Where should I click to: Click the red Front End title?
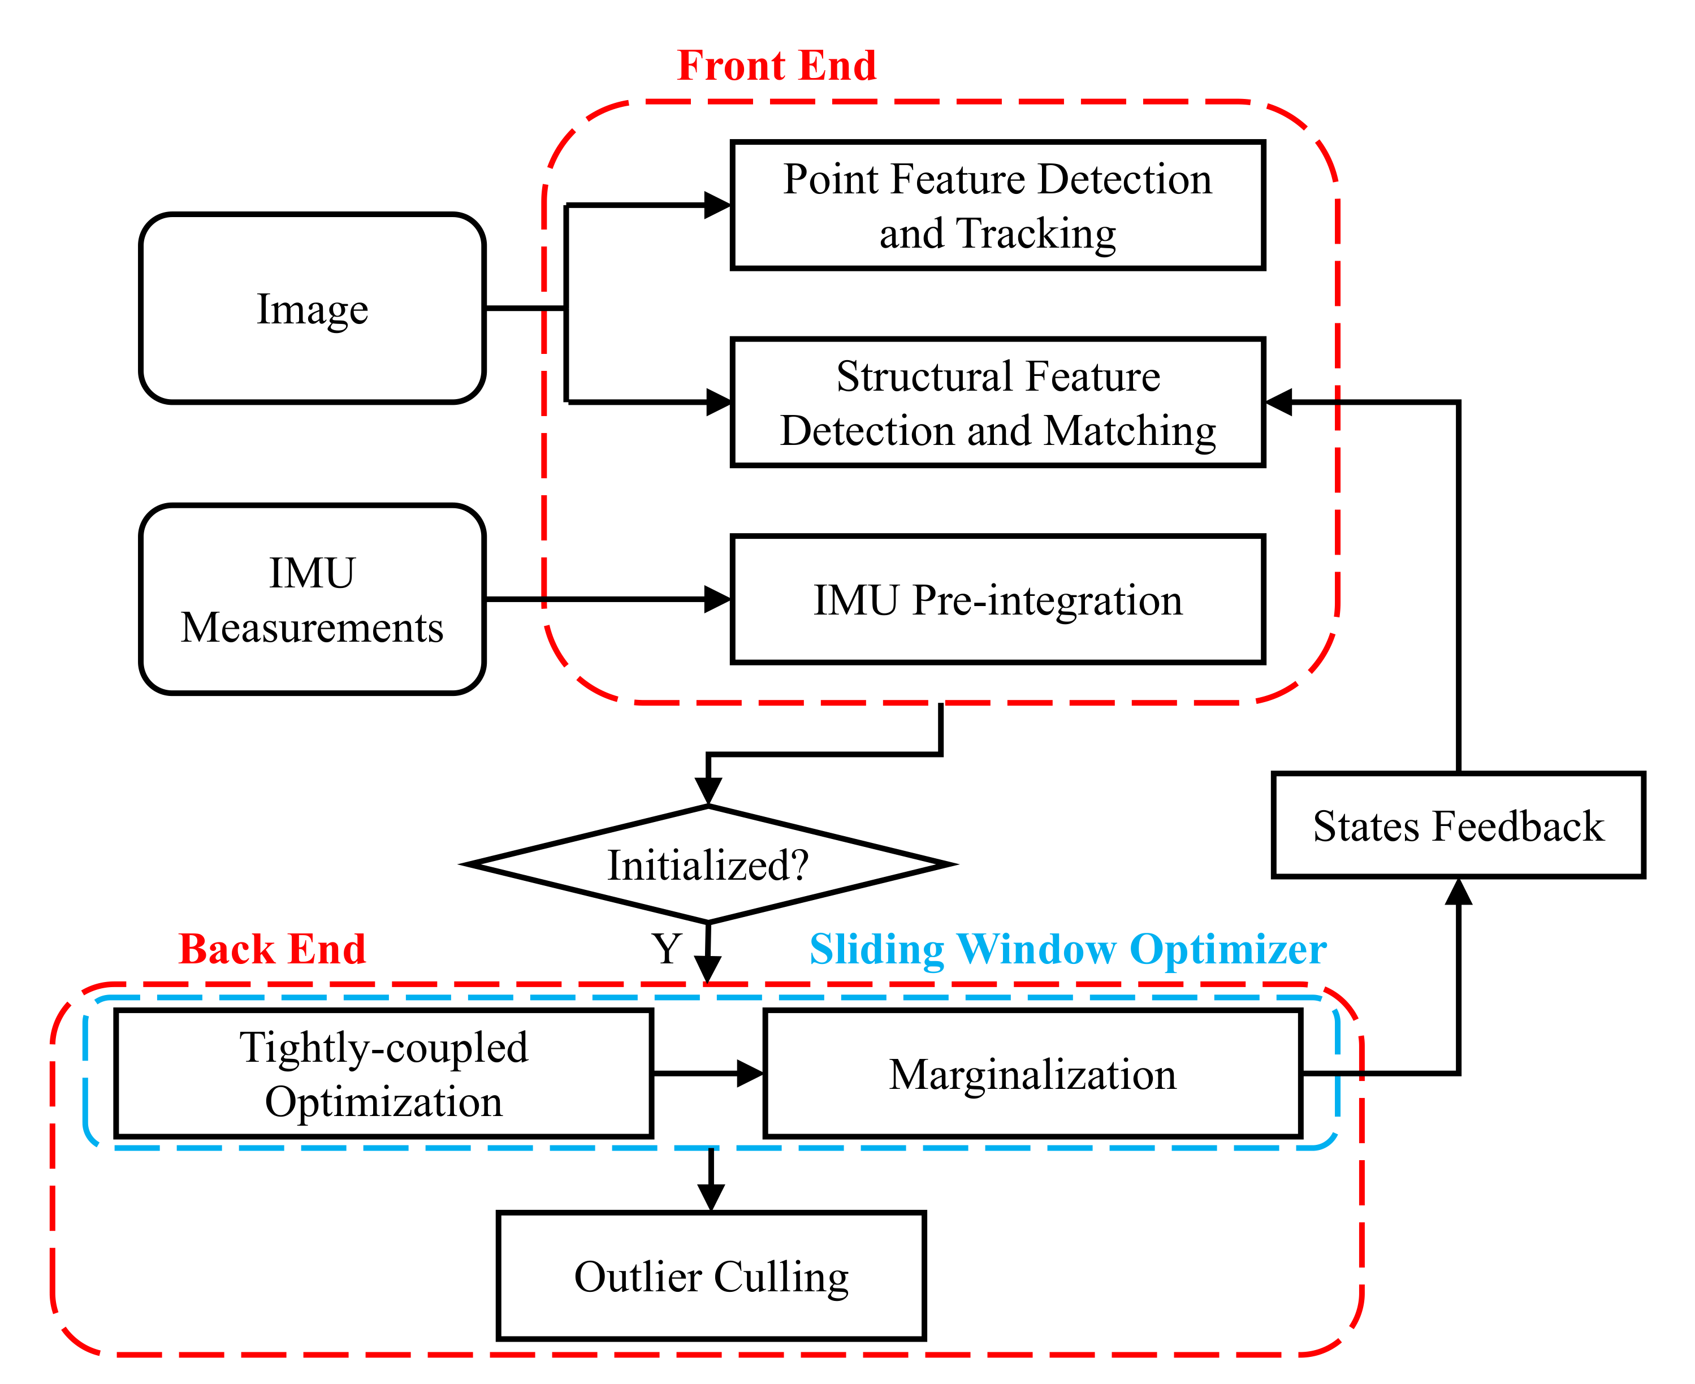776,66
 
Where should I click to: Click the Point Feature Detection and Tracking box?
997,206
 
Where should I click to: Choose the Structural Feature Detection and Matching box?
997,403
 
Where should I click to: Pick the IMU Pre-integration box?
997,599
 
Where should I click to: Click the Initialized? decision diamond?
708,865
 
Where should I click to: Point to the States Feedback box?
1458,825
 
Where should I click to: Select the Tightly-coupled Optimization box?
383,1074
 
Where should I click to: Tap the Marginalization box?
1032,1074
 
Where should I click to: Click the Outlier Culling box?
711,1277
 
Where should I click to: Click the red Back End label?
272,949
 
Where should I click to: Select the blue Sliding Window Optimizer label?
1067,949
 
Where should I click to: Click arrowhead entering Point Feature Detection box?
717,206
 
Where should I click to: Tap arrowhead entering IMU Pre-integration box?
717,599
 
